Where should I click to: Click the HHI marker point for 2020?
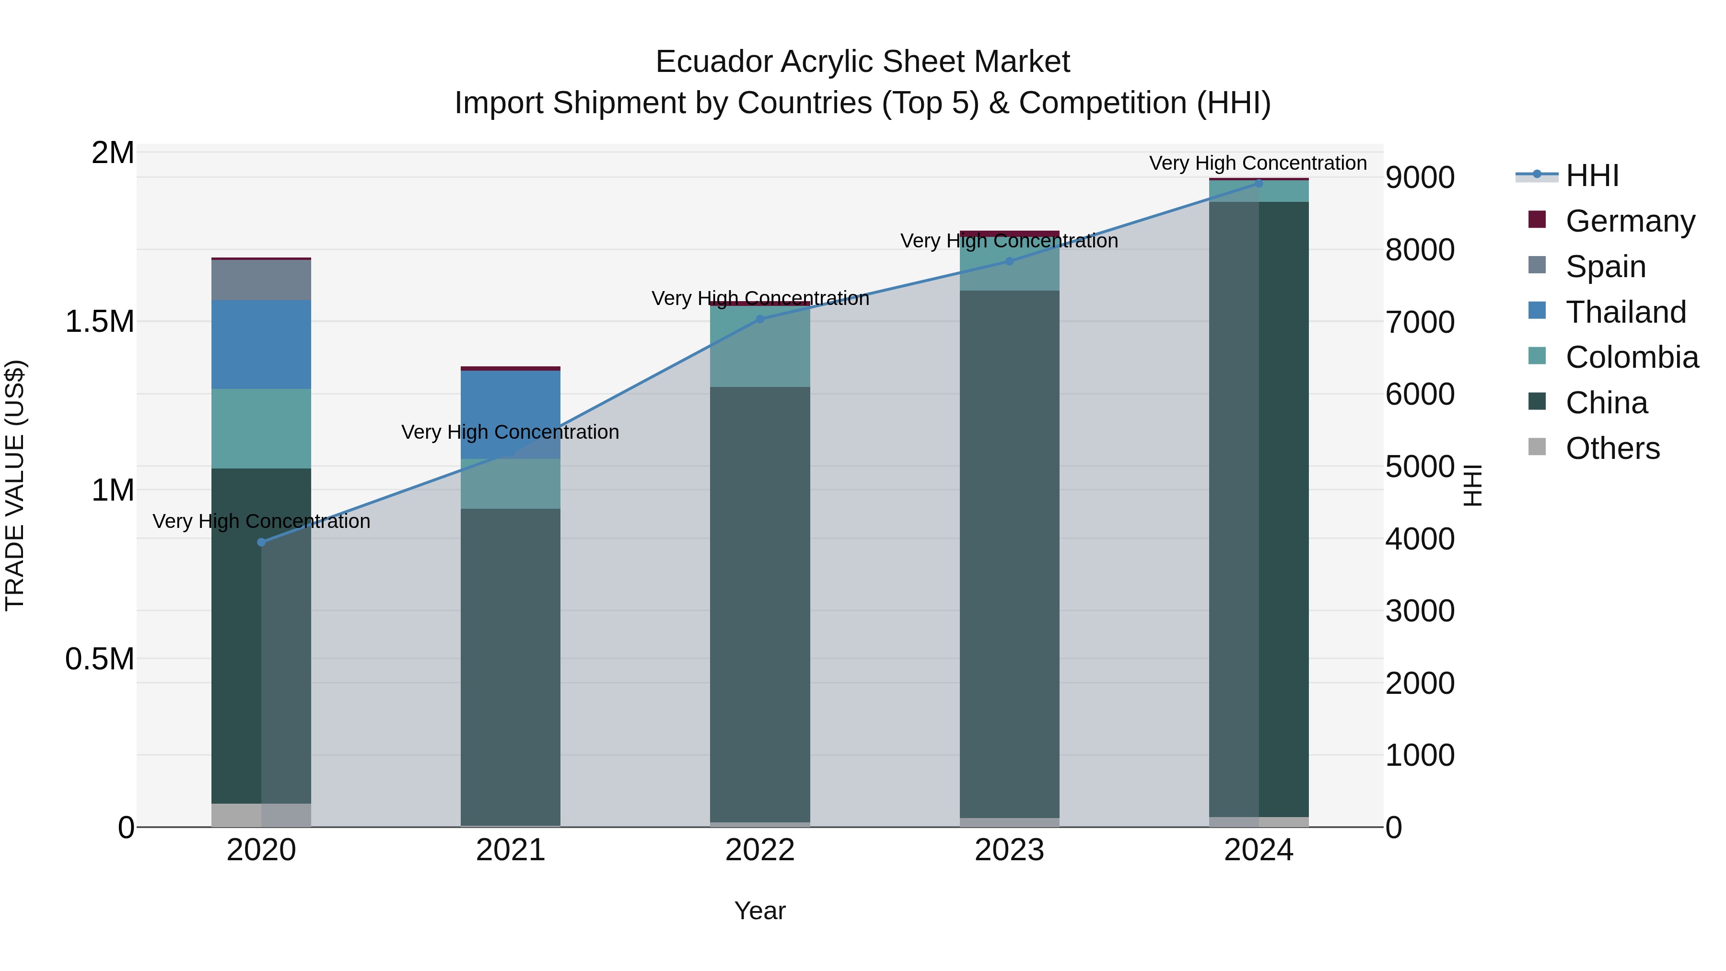click(261, 542)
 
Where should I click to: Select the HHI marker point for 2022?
click(760, 319)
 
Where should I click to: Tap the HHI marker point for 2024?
click(1259, 184)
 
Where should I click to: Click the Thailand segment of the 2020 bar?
click(261, 344)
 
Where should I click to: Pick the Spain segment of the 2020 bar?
click(261, 280)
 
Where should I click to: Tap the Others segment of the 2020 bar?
click(261, 814)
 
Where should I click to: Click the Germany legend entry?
click(1630, 221)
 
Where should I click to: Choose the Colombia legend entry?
click(1632, 357)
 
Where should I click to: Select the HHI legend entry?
click(1592, 175)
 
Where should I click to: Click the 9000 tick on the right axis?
click(1420, 177)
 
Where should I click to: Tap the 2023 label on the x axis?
click(1009, 850)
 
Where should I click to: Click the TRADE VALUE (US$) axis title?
click(15, 485)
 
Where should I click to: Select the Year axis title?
click(760, 911)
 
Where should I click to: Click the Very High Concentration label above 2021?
click(511, 432)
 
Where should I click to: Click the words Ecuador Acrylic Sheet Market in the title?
click(863, 62)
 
